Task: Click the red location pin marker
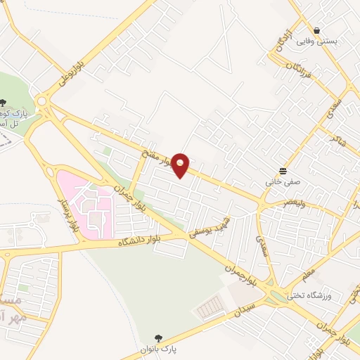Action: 181,165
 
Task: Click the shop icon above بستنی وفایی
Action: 318,30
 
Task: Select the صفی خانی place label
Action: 283,181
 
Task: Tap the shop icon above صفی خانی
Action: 283,170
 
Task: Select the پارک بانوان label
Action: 159,349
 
